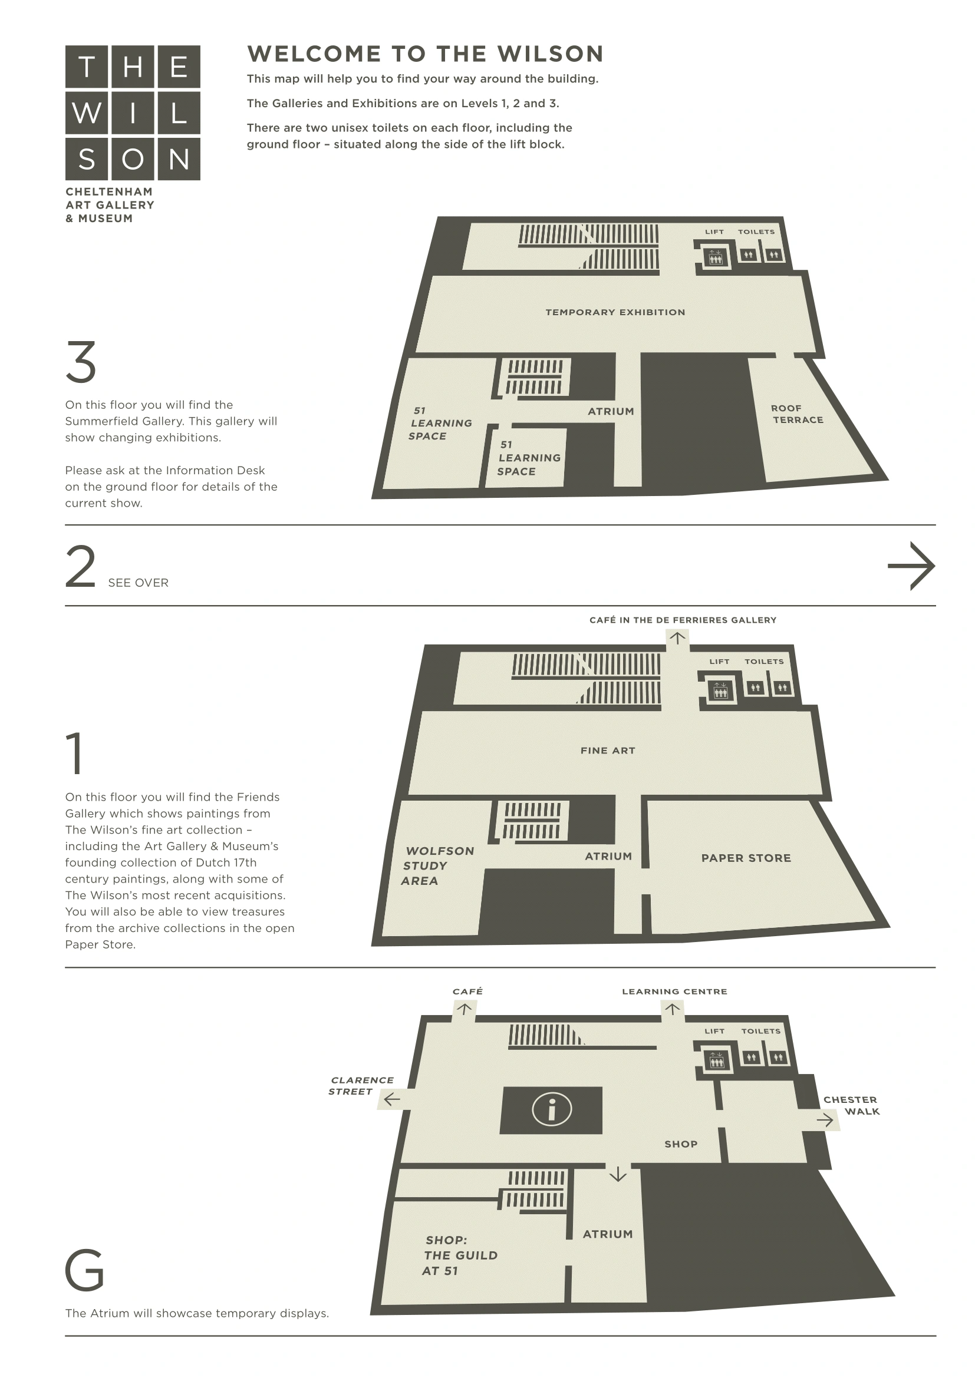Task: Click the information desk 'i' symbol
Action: pyautogui.click(x=551, y=1109)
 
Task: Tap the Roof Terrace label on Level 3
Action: pyautogui.click(x=798, y=414)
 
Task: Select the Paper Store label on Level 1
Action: pyautogui.click(x=746, y=858)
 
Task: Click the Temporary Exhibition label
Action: pyautogui.click(x=615, y=312)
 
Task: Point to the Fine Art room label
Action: pyautogui.click(x=608, y=750)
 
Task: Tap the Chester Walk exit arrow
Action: pyautogui.click(x=825, y=1119)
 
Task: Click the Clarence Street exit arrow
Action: pyautogui.click(x=392, y=1099)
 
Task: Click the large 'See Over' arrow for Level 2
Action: pyautogui.click(x=911, y=566)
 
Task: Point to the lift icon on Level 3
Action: pyautogui.click(x=714, y=258)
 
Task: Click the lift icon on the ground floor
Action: pyautogui.click(x=716, y=1061)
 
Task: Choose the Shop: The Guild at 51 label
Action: pyautogui.click(x=460, y=1255)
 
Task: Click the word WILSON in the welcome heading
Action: pyautogui.click(x=550, y=54)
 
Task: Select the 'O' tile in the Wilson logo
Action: pyautogui.click(x=133, y=159)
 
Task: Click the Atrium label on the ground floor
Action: pyautogui.click(x=608, y=1234)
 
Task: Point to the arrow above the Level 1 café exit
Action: pyautogui.click(x=677, y=638)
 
